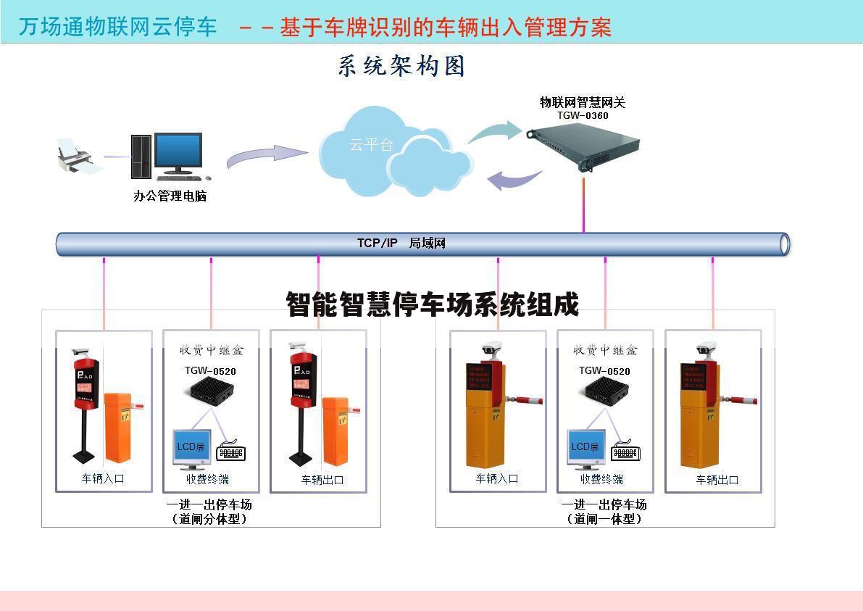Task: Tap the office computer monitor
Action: coord(178,151)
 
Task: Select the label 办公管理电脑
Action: coord(170,196)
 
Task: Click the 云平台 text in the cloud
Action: coord(371,144)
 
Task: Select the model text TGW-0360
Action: coord(583,115)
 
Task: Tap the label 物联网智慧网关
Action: coord(583,102)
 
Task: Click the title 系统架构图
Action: coord(401,66)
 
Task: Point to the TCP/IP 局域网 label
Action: coord(401,243)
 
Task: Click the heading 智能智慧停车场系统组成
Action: coord(433,305)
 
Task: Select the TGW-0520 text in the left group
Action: coord(210,371)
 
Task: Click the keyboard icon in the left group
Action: coord(231,454)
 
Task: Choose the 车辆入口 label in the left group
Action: coord(103,478)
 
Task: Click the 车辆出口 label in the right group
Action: coord(717,480)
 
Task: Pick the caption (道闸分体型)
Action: coord(209,519)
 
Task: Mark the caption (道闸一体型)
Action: coord(604,519)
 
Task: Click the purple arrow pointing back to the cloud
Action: coord(514,179)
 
